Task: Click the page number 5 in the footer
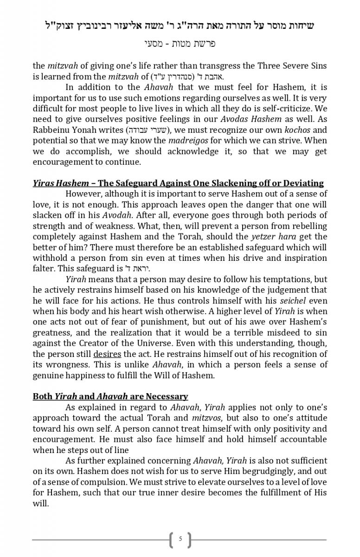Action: tap(180, 539)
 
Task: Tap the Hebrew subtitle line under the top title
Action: tap(180, 44)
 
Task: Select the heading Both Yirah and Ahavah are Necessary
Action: tap(110, 396)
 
